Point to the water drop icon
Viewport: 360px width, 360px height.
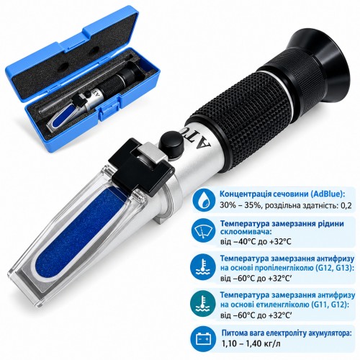click(x=204, y=199)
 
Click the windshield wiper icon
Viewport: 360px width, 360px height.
click(x=203, y=231)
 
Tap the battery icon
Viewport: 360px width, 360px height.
click(x=203, y=338)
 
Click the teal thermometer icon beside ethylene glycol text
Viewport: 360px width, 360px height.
click(x=203, y=303)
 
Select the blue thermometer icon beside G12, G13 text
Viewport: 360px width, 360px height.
click(x=203, y=267)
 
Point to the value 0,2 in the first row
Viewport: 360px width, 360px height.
click(x=346, y=205)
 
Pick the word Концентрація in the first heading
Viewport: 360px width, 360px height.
click(x=246, y=194)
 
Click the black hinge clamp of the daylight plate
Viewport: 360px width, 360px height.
click(x=141, y=168)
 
